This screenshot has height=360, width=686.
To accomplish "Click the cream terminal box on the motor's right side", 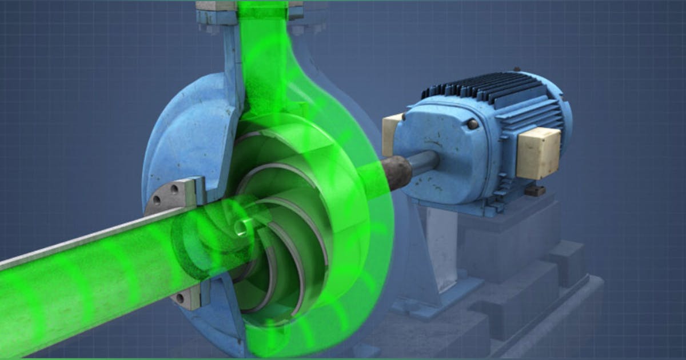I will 537,152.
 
